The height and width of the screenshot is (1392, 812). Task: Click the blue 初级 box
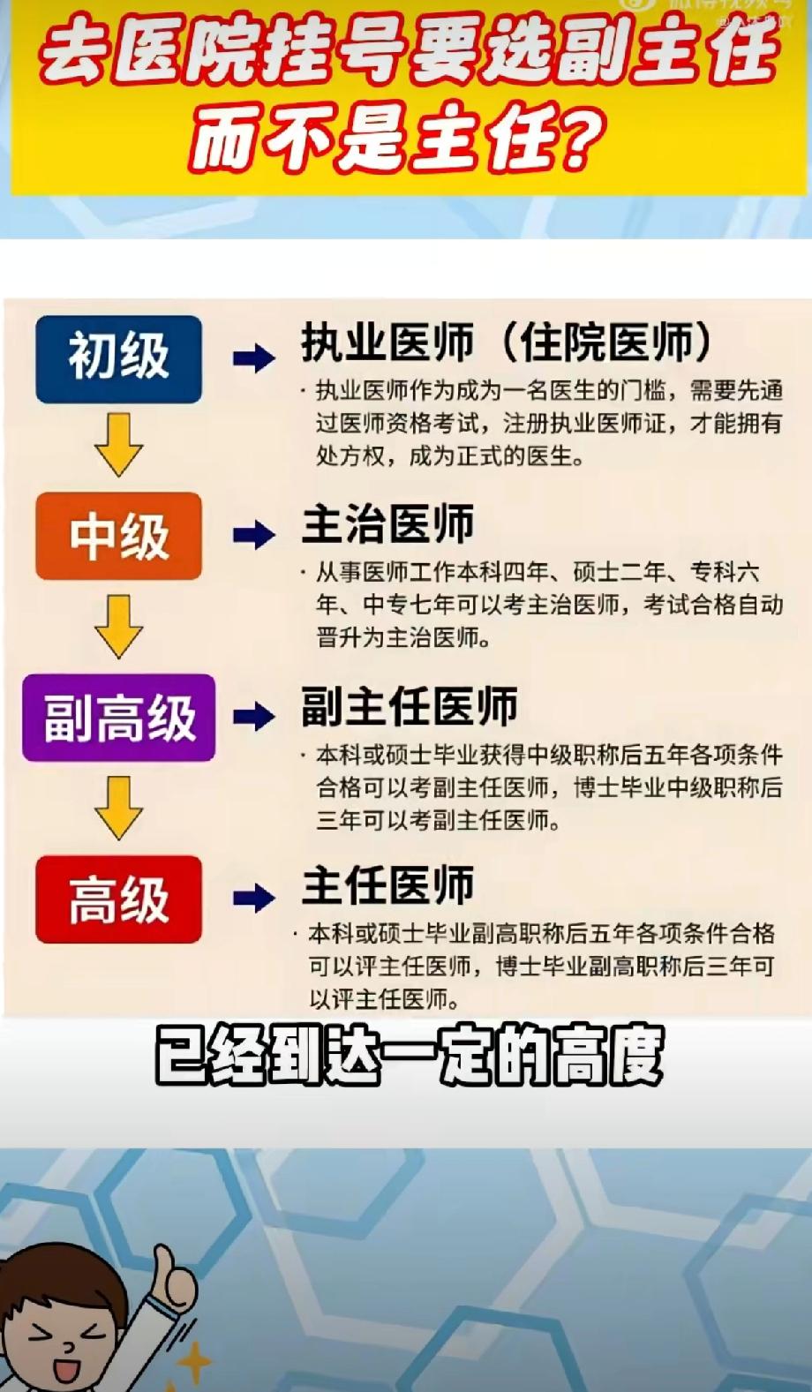point(118,358)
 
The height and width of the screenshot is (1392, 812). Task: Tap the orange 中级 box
point(118,536)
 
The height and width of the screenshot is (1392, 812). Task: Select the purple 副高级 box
point(118,717)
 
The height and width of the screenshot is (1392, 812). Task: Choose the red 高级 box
point(118,899)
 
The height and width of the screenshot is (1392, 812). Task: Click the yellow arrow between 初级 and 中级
point(118,445)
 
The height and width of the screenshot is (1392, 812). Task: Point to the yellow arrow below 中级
point(118,626)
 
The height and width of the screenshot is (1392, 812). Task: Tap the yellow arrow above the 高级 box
point(118,808)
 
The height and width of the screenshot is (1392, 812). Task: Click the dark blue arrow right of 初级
point(254,358)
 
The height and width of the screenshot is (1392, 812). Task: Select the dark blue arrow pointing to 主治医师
point(254,535)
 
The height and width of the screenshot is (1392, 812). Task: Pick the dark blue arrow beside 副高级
point(254,716)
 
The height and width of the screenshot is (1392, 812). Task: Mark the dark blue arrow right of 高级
point(254,898)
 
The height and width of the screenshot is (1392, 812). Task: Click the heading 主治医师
point(387,524)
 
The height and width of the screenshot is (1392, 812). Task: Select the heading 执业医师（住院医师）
point(507,342)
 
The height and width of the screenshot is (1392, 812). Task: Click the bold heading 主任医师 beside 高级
point(387,885)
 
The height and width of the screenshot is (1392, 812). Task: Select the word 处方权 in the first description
point(350,456)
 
